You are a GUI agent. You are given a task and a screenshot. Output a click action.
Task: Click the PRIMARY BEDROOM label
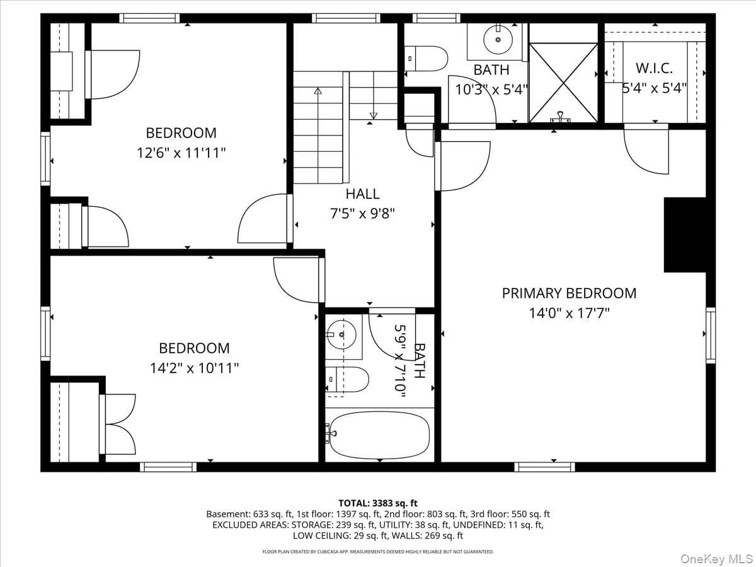[569, 294]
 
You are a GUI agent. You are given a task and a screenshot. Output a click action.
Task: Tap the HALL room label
[362, 194]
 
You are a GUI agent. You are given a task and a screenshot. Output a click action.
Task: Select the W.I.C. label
[654, 68]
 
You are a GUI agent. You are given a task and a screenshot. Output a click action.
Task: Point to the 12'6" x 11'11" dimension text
[181, 153]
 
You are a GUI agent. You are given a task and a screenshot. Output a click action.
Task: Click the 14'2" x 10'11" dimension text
[194, 369]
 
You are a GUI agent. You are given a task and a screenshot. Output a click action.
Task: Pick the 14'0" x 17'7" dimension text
[569, 313]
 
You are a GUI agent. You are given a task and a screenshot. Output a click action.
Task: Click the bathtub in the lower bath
[379, 435]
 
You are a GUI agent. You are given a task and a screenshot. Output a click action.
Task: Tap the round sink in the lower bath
[341, 335]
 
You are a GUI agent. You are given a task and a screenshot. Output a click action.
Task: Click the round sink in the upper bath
[498, 40]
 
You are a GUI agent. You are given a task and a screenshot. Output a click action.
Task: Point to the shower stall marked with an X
[563, 83]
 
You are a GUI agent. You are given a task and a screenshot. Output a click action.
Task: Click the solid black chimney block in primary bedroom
[685, 235]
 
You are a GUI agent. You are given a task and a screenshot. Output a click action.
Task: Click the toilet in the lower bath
[347, 379]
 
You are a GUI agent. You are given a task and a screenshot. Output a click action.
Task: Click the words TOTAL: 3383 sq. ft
[378, 503]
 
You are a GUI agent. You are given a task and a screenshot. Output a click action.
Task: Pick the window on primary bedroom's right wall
[711, 335]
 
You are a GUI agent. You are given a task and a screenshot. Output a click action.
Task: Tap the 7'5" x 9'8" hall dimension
[362, 214]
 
